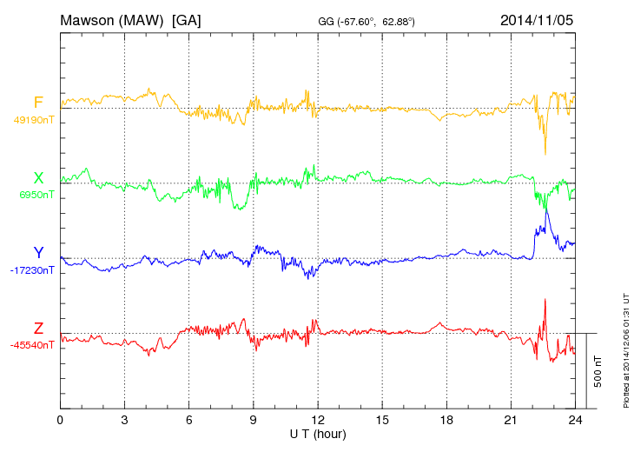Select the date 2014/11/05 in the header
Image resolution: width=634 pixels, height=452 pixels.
point(537,19)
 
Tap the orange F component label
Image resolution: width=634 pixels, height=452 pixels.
point(38,103)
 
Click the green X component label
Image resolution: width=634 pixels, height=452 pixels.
point(38,178)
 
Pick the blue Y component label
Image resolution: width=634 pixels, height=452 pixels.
point(38,253)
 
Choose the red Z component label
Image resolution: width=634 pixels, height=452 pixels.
point(38,329)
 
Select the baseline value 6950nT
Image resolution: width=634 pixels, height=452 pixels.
point(36,195)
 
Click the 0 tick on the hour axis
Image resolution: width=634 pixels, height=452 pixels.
point(60,420)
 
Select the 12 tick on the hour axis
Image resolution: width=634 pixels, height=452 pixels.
point(318,420)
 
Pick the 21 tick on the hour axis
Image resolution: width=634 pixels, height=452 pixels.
point(511,420)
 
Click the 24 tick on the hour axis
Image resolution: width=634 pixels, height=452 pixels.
point(575,420)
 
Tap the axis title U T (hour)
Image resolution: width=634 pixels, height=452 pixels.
point(318,433)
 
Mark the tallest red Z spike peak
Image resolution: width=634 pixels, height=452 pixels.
point(545,299)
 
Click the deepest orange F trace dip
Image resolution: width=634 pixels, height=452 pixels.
point(545,154)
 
